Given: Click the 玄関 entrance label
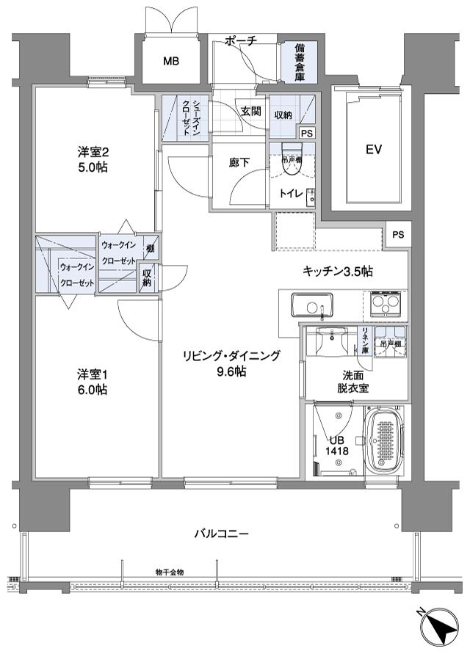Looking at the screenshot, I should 250,112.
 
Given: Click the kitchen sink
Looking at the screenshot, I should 312,305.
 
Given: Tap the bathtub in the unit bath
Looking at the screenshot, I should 385,443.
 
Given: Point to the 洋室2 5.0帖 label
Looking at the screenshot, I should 93,160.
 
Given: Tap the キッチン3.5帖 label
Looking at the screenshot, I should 338,272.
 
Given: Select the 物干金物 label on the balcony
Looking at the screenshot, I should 170,571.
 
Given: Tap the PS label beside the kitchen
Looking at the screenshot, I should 398,235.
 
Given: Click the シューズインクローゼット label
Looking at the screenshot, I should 185,119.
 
